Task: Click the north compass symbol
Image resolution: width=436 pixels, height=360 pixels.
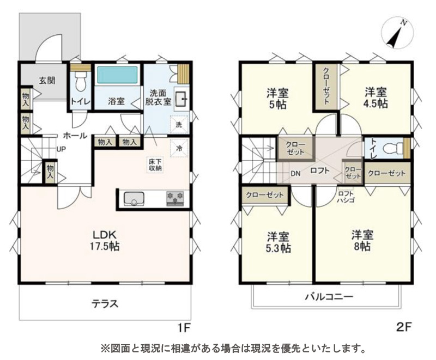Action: point(398,34)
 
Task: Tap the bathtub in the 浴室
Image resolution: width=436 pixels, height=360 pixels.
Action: point(117,75)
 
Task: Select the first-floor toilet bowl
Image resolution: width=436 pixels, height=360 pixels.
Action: point(81,81)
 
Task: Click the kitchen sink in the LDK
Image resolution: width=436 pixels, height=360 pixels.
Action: point(134,199)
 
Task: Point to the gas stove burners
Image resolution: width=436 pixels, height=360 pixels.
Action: point(175,198)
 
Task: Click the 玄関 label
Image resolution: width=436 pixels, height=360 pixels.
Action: point(47,81)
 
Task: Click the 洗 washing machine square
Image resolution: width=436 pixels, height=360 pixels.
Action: point(179,125)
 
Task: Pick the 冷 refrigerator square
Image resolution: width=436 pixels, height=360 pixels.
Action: point(179,148)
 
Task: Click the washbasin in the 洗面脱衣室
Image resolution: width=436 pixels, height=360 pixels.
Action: point(181,99)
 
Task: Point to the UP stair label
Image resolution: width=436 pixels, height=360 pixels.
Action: point(61,149)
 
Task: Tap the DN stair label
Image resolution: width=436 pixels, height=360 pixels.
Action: point(295,174)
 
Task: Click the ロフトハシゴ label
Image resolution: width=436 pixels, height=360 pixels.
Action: point(346,197)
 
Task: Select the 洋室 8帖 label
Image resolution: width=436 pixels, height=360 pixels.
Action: point(362,241)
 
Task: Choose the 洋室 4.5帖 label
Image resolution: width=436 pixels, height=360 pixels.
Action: point(376,97)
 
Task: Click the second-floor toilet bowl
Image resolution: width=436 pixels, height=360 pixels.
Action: point(392,148)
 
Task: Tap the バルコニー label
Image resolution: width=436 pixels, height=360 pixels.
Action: point(329,297)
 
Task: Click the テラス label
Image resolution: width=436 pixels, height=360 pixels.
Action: point(105,303)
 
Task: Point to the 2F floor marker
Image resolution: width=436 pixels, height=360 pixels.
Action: point(403,327)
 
